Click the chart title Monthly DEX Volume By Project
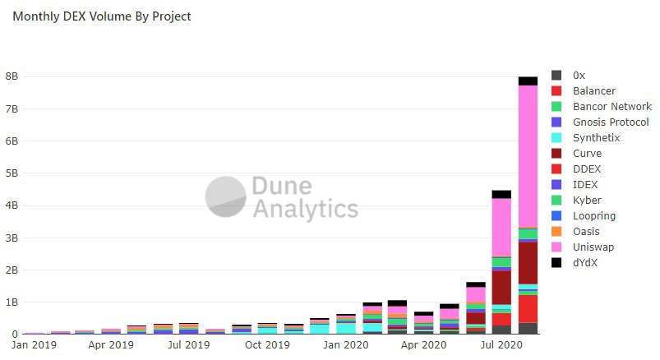101,16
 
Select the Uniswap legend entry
593,247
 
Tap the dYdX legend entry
587,263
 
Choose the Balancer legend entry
593,91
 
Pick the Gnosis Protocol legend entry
610,122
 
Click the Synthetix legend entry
596,138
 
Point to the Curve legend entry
587,154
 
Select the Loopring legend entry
593,216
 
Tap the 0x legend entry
579,76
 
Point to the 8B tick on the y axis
12,76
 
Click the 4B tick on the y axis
12,205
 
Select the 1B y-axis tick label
12,302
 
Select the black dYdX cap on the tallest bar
527,81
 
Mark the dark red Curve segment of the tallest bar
527,262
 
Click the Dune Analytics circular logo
225,196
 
